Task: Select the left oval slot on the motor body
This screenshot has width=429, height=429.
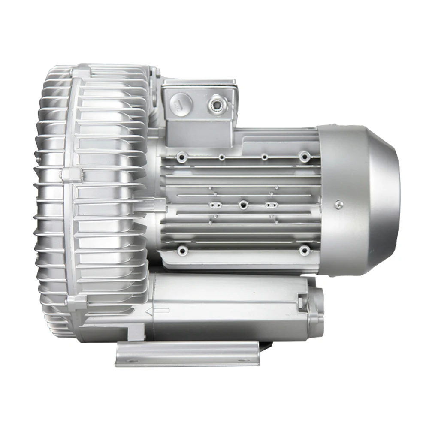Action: tap(217, 205)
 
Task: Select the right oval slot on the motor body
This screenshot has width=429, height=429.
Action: tap(270, 205)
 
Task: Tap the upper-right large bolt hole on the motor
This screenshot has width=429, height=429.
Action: tap(304, 156)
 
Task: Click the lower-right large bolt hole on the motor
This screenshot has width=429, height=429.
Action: tap(304, 249)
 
